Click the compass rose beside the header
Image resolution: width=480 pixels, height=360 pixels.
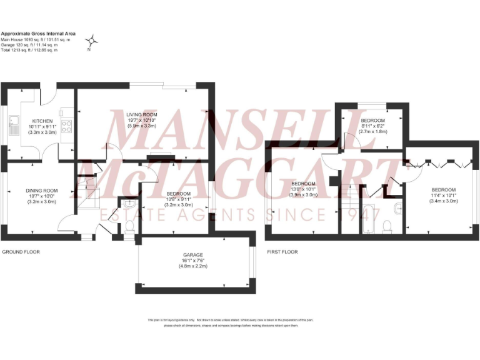[x=92, y=41]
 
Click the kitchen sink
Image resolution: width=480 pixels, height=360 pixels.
[x=13, y=129]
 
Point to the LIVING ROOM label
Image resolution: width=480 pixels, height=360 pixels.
[x=141, y=115]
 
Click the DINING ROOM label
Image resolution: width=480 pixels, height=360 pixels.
[x=41, y=191]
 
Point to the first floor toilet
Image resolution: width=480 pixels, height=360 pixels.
[x=386, y=226]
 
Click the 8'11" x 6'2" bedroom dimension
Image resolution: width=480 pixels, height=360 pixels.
[x=372, y=126]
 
